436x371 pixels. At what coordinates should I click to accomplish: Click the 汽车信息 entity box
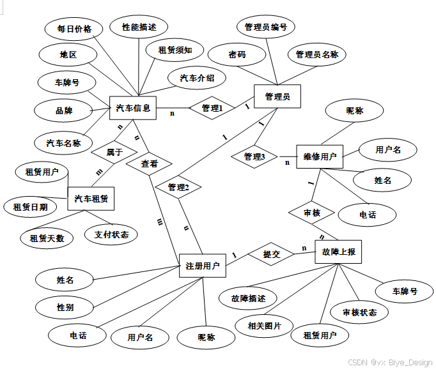pos(133,109)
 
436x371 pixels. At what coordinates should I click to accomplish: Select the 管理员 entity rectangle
pos(277,96)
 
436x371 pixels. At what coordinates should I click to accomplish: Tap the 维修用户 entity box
pos(320,156)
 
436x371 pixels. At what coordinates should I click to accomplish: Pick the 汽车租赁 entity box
pos(91,199)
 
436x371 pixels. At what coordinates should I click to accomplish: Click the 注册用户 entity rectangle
pos(203,266)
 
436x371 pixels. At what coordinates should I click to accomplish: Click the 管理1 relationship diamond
pos(212,109)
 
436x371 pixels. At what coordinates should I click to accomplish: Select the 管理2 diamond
pos(178,187)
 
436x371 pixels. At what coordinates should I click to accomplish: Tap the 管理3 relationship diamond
pos(254,156)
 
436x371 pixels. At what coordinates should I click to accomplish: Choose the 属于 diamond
pos(114,152)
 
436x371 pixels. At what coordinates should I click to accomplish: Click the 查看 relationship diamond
pos(150,163)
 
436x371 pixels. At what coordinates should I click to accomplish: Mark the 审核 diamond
pos(312,213)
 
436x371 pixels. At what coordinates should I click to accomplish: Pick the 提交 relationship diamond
pos(271,254)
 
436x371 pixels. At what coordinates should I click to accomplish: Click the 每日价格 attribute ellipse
pos(74,29)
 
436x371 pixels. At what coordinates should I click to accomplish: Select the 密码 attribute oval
pos(237,55)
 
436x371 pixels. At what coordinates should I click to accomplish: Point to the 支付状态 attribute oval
pos(111,234)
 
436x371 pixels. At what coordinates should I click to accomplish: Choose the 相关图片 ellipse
pos(265,326)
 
